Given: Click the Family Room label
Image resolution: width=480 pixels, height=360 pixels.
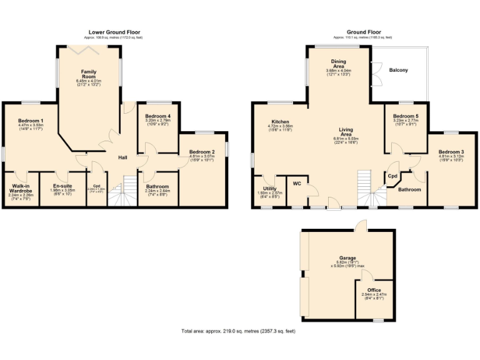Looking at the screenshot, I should [88, 74].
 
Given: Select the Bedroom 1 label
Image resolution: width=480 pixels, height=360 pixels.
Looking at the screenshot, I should [31, 121].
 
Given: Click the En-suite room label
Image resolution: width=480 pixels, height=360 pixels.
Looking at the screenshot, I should [61, 186].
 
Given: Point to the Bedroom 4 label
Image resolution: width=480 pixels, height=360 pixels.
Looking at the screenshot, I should [157, 116].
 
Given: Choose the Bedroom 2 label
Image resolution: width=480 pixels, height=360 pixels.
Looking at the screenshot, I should [202, 152].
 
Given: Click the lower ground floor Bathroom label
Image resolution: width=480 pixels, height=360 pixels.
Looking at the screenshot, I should [157, 186].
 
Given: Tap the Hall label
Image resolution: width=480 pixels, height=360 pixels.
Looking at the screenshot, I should [123, 157].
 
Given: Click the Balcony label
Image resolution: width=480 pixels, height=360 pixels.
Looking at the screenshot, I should [398, 70].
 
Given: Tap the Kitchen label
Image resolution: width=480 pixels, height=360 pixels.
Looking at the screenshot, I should [279, 121].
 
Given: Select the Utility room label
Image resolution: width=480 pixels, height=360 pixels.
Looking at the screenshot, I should [270, 188].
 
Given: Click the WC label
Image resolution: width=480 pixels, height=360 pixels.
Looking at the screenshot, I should [297, 184].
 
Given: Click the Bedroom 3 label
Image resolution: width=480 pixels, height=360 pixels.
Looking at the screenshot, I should [451, 152].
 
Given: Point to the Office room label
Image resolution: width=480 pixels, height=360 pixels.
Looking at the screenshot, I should [374, 290].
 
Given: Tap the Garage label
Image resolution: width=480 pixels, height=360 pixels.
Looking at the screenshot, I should [347, 258].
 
